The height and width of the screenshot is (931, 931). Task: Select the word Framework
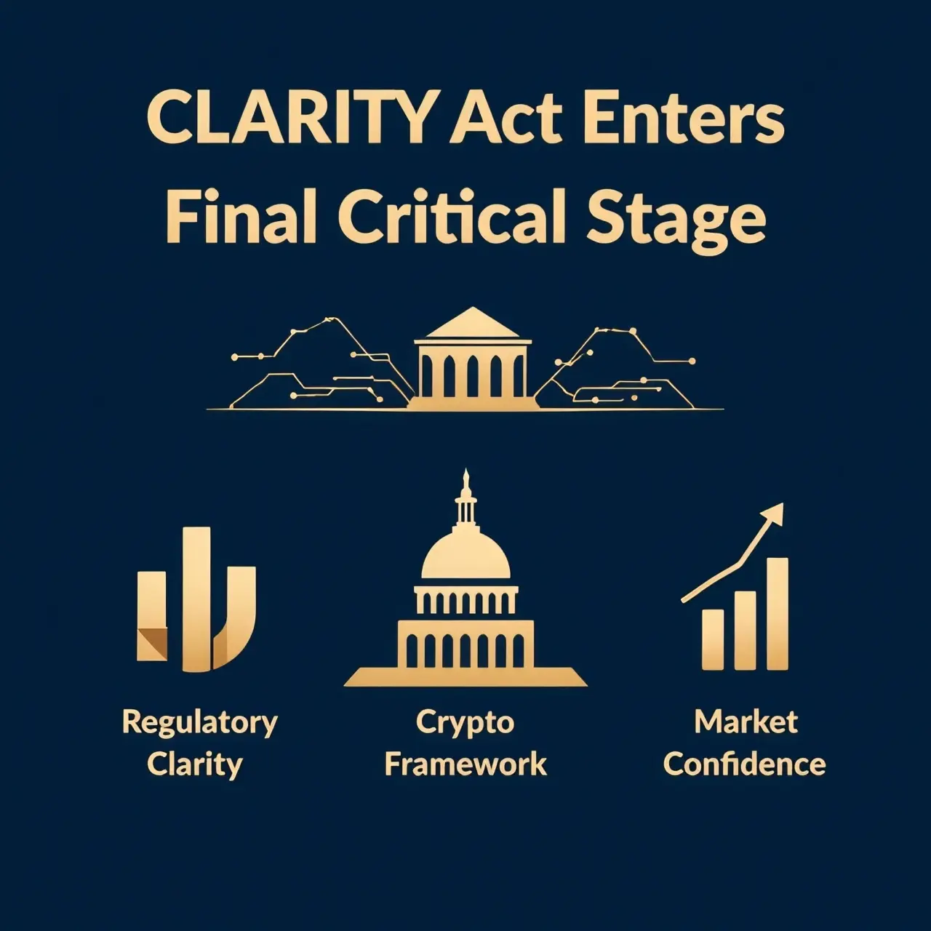pyautogui.click(x=465, y=764)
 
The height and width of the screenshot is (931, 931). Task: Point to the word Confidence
pyautogui.click(x=745, y=764)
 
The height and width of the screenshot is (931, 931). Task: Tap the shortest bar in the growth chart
pyautogui.click(x=713, y=639)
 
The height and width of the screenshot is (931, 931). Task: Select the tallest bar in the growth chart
pyautogui.click(x=778, y=614)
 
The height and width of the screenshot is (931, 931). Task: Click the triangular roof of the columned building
pyautogui.click(x=473, y=321)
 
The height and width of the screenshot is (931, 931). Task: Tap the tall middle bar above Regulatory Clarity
pyautogui.click(x=197, y=599)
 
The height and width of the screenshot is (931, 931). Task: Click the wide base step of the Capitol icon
pyautogui.click(x=465, y=677)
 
